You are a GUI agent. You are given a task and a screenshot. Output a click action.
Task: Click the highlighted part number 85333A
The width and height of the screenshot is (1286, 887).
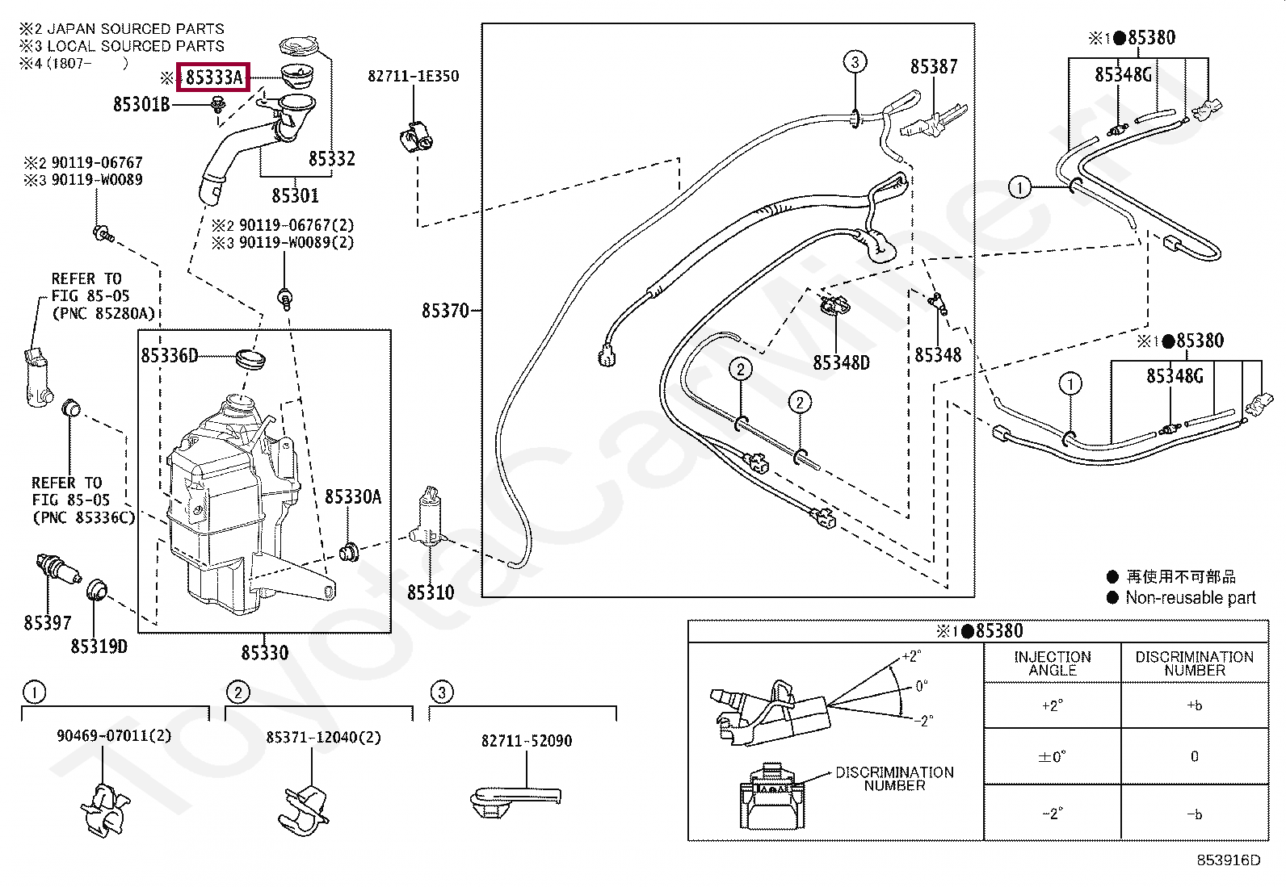[213, 77]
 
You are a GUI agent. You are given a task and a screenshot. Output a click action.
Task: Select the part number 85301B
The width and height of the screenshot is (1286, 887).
[141, 104]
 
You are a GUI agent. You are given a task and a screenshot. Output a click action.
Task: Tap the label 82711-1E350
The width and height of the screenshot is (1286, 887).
[413, 76]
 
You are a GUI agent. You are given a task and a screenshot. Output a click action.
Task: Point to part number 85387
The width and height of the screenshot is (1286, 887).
[934, 67]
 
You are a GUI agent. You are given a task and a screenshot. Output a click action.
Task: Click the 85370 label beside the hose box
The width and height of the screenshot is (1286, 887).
[445, 311]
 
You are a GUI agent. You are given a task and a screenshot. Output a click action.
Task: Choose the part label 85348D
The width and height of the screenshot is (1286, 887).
[841, 362]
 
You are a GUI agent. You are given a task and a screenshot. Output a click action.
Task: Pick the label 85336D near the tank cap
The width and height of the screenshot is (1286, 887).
[169, 356]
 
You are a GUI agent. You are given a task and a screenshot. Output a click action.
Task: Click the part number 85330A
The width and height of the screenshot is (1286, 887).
[353, 497]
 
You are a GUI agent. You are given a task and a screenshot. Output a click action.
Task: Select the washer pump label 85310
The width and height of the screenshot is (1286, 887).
[430, 592]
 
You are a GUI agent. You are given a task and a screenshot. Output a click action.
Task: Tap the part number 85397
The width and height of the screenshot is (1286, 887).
[48, 623]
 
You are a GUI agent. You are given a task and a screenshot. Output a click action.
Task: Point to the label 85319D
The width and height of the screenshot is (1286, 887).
[99, 646]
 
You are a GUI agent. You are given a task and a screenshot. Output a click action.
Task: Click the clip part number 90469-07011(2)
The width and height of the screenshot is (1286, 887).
[114, 737]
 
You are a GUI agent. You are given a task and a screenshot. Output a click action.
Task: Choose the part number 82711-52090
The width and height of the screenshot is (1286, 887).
[527, 740]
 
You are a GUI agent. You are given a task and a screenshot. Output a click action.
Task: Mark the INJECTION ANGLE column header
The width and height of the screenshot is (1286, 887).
[1052, 663]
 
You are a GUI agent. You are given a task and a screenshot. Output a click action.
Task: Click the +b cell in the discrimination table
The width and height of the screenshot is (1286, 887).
[1194, 705]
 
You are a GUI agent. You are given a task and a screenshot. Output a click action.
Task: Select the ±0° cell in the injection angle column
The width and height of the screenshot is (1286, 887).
[1052, 757]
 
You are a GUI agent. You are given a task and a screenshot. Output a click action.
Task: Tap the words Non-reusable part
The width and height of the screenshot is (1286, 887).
[1190, 598]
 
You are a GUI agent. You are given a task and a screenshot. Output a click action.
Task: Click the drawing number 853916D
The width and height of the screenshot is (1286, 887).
[1228, 860]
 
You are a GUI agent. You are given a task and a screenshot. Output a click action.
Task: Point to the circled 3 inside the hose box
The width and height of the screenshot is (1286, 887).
[855, 61]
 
